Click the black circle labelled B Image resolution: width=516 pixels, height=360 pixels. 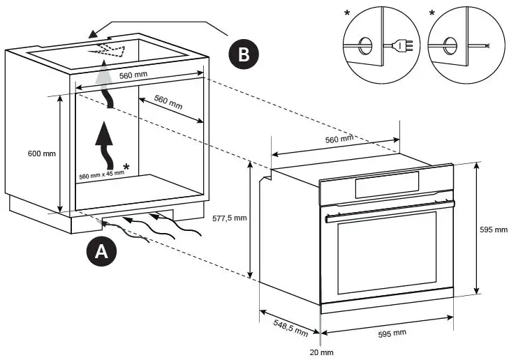click(x=243, y=54)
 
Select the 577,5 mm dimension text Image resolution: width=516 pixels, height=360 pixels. click(x=230, y=218)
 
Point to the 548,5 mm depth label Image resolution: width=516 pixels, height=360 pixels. click(x=283, y=324)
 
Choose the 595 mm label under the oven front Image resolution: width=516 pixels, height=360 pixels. click(x=392, y=333)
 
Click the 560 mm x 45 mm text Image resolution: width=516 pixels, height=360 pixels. click(x=101, y=174)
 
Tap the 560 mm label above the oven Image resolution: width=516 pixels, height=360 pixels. click(x=340, y=140)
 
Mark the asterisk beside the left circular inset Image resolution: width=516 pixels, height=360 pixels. click(x=347, y=14)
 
